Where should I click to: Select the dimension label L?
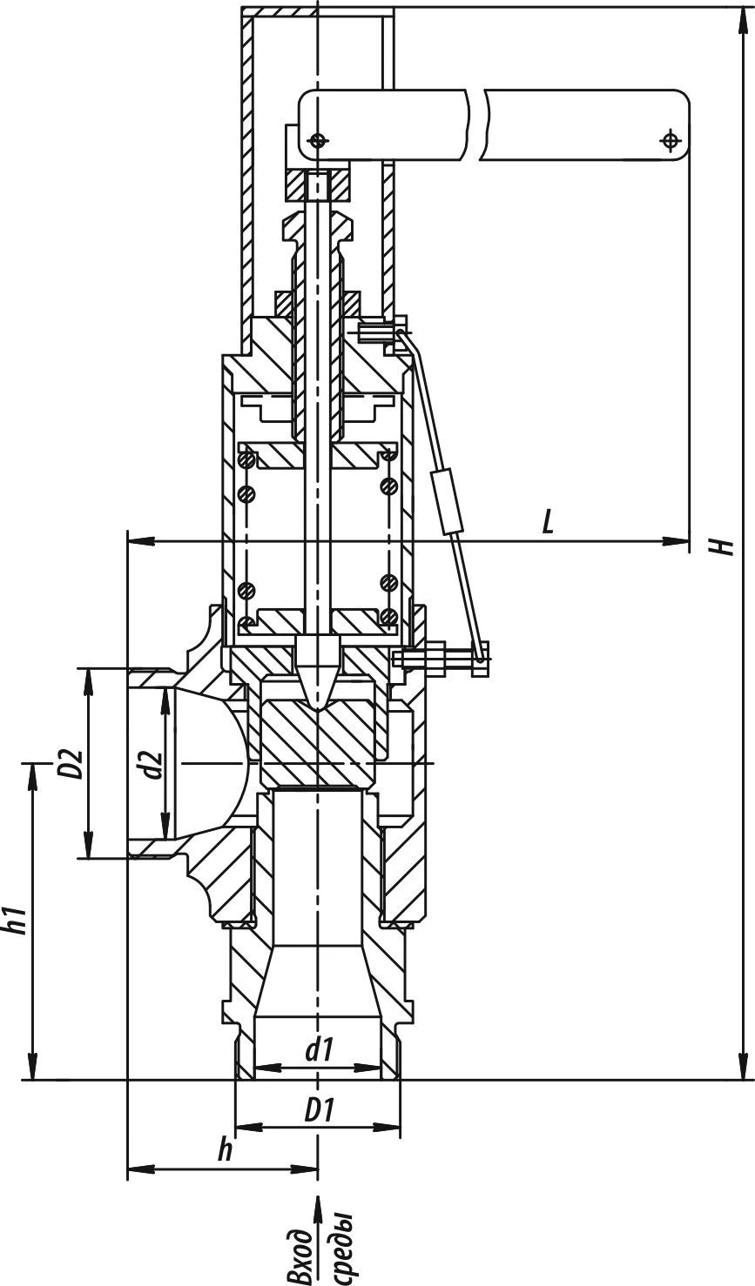point(548,521)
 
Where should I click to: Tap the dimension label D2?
point(73,763)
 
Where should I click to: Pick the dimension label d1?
point(320,1050)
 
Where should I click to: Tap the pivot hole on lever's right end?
point(670,140)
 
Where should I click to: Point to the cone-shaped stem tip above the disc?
point(319,673)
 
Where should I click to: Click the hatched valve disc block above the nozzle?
point(319,731)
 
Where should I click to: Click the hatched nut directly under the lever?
point(319,184)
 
